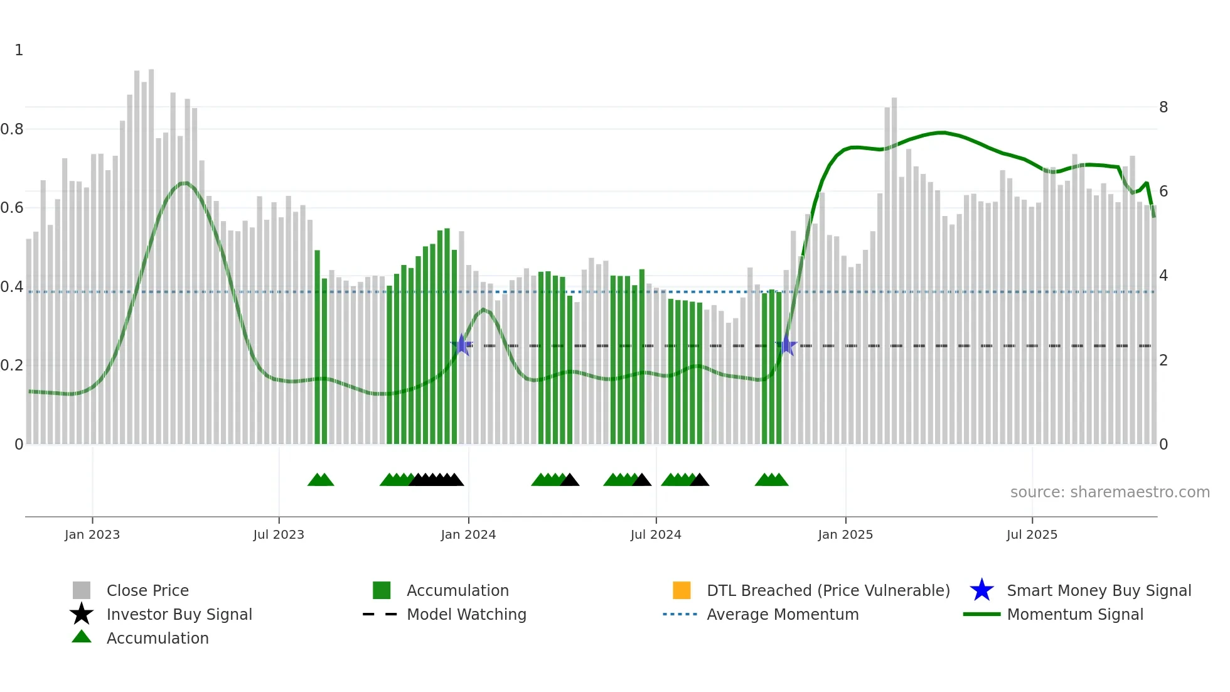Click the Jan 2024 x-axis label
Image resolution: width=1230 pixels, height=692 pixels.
point(468,534)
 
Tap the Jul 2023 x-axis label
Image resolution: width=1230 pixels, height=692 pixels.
point(279,534)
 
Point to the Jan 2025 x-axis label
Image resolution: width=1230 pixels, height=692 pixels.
point(845,534)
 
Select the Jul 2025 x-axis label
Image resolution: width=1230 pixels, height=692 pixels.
point(1032,534)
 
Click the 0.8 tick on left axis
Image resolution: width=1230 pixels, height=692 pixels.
point(12,129)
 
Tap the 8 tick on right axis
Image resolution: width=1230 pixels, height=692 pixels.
point(1163,107)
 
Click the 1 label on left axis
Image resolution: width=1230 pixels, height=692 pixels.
point(19,50)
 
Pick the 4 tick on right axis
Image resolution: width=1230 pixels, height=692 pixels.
point(1163,276)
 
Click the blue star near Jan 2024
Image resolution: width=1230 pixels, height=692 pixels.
point(462,345)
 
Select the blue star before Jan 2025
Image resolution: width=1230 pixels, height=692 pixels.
point(786,345)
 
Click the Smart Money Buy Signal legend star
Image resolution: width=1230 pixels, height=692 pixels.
point(981,590)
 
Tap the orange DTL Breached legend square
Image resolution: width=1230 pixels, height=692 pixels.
point(682,590)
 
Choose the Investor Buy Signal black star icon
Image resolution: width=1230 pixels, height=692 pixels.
point(82,614)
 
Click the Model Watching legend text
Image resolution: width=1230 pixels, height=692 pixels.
point(466,614)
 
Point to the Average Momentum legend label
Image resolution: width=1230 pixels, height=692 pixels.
point(783,614)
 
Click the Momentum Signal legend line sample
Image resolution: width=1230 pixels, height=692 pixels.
point(981,614)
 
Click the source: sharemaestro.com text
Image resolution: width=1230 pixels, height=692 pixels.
point(1110,492)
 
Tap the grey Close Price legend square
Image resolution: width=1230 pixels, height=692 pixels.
point(82,590)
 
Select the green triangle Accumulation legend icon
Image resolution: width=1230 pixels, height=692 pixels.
point(82,637)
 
